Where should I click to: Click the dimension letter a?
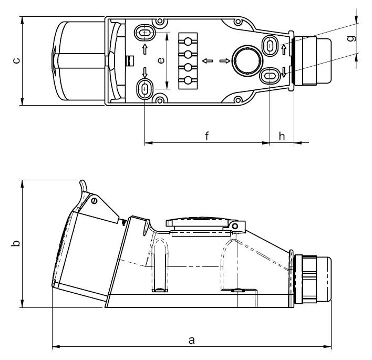[192, 340]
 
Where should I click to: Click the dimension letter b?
[16, 244]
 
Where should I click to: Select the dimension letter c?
[16, 61]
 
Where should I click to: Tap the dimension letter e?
[161, 60]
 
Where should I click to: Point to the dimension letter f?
[207, 136]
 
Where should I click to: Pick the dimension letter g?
[351, 39]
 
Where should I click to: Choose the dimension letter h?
[282, 136]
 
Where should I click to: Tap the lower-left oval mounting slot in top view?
[145, 88]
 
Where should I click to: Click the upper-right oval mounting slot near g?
[270, 45]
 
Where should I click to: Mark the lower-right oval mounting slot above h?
[270, 76]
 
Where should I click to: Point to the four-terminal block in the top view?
[187, 60]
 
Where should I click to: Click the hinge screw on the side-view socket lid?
[94, 201]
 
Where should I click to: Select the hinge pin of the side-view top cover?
[235, 225]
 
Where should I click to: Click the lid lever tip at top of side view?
[81, 182]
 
